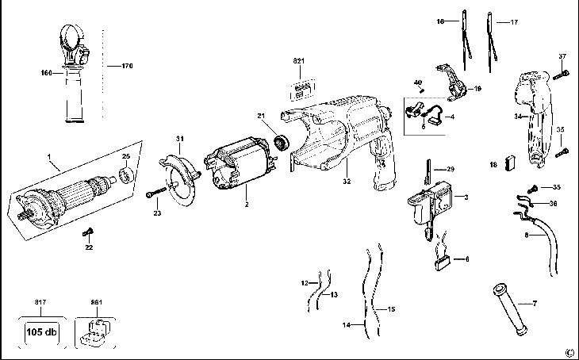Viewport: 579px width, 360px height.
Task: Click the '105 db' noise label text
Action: (x=41, y=331)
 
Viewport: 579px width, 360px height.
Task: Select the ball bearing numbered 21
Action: (x=282, y=142)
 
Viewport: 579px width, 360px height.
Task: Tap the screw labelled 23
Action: (x=156, y=192)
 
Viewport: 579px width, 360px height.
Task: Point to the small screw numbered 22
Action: (x=88, y=232)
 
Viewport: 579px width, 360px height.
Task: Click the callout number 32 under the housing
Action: (x=347, y=182)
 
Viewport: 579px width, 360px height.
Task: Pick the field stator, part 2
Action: (x=239, y=163)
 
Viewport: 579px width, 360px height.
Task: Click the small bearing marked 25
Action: (x=126, y=174)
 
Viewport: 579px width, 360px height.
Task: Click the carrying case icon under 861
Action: (x=95, y=331)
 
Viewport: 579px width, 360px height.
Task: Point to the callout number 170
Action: (x=128, y=66)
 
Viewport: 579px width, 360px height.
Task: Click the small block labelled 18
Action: (x=510, y=164)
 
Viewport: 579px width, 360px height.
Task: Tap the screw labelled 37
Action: (x=560, y=75)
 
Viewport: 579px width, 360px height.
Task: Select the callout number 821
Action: (x=299, y=61)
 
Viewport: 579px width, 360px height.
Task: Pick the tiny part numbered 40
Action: (x=424, y=90)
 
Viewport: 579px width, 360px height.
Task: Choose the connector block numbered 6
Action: (x=442, y=262)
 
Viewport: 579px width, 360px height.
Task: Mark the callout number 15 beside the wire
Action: (x=391, y=309)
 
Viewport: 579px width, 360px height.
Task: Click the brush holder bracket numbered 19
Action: (x=452, y=83)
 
